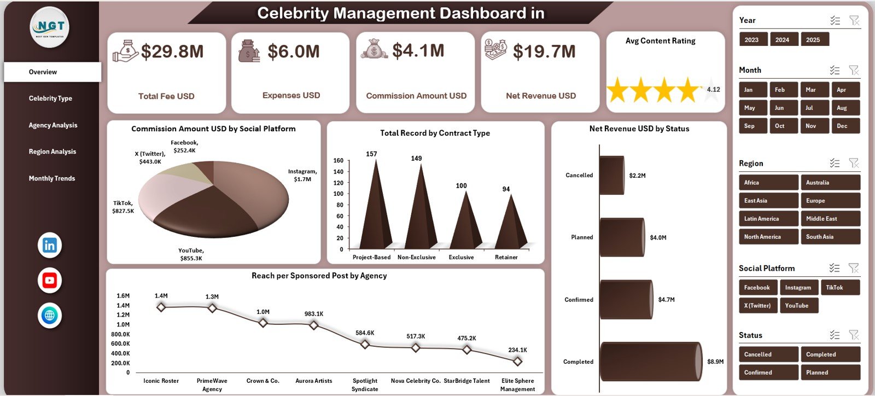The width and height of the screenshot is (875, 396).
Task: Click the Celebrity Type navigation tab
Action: (x=50, y=98)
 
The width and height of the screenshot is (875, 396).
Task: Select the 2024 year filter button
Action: (x=782, y=40)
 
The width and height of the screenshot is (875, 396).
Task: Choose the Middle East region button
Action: (x=830, y=219)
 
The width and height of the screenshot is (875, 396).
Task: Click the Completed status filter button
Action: (x=830, y=354)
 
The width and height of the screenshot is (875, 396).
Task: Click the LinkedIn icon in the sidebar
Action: (x=50, y=245)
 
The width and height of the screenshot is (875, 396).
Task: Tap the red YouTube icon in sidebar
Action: (x=50, y=281)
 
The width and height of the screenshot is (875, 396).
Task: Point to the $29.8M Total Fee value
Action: (x=172, y=52)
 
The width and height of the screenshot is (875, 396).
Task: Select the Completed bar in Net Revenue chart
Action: (x=650, y=362)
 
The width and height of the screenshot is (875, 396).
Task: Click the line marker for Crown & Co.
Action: (x=263, y=323)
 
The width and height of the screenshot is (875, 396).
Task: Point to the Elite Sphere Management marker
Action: (x=517, y=361)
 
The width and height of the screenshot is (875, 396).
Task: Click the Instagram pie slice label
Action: (x=302, y=175)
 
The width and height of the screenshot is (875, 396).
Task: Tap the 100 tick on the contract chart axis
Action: (x=338, y=194)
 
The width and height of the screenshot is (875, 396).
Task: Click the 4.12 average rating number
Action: (x=713, y=90)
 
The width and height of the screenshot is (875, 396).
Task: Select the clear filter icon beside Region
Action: (x=854, y=163)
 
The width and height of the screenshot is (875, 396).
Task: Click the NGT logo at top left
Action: (x=50, y=27)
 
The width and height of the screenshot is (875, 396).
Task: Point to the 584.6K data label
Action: (x=365, y=333)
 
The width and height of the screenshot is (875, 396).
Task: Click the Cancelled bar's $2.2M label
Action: (x=637, y=176)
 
